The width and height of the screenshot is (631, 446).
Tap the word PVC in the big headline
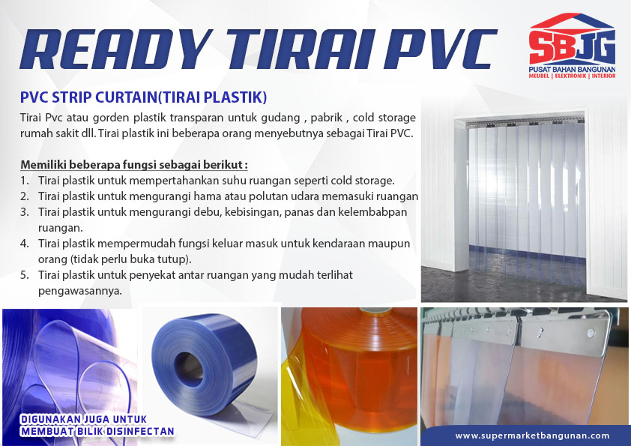441,49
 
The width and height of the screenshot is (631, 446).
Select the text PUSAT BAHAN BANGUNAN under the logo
572,70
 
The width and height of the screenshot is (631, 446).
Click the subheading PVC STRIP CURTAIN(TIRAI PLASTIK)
143,97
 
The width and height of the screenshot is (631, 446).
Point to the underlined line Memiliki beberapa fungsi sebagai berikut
134,165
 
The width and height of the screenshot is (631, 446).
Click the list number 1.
24,181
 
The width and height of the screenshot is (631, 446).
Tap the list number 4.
25,244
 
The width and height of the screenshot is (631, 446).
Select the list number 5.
25,275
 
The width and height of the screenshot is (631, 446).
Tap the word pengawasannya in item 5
79,291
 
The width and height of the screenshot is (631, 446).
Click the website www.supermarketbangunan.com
532,436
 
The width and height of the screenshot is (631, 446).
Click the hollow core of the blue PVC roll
188,369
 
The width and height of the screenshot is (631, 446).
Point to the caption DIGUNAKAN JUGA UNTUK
84,420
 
